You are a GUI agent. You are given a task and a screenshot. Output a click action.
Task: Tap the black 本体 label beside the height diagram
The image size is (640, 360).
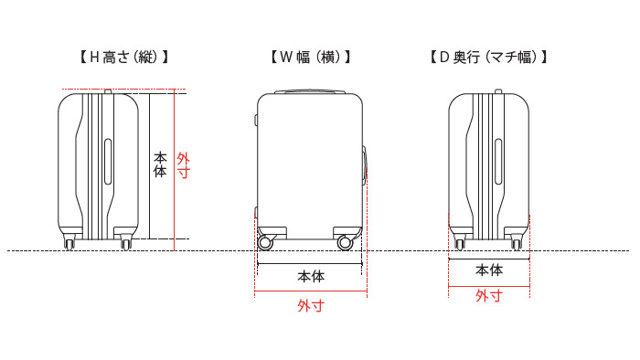coord(160,164)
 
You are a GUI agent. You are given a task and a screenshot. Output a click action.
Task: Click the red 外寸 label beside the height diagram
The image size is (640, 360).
coord(183,164)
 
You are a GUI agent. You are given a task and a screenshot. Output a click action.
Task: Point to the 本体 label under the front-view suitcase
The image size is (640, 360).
coord(311,275)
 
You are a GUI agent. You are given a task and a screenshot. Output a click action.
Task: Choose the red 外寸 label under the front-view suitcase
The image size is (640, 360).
coord(311,305)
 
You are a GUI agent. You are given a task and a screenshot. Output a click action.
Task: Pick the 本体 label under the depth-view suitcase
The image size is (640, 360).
coord(489,270)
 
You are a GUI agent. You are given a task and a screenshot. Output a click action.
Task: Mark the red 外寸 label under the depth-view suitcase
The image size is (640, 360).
coord(489,296)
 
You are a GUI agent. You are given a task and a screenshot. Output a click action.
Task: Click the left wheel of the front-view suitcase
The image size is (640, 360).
coord(266,242)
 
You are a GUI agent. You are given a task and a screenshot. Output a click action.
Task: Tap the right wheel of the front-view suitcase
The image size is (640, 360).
coord(346,242)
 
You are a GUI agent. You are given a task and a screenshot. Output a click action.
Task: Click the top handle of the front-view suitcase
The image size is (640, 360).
coord(311,91)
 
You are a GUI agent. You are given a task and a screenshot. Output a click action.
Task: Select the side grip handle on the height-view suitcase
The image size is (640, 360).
coord(109,164)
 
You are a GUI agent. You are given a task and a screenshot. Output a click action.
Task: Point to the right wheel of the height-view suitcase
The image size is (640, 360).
coord(125,241)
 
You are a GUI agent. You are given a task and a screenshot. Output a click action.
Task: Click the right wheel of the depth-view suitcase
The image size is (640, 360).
coord(517,241)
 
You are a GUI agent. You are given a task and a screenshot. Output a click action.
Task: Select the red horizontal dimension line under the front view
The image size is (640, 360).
coord(311,292)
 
